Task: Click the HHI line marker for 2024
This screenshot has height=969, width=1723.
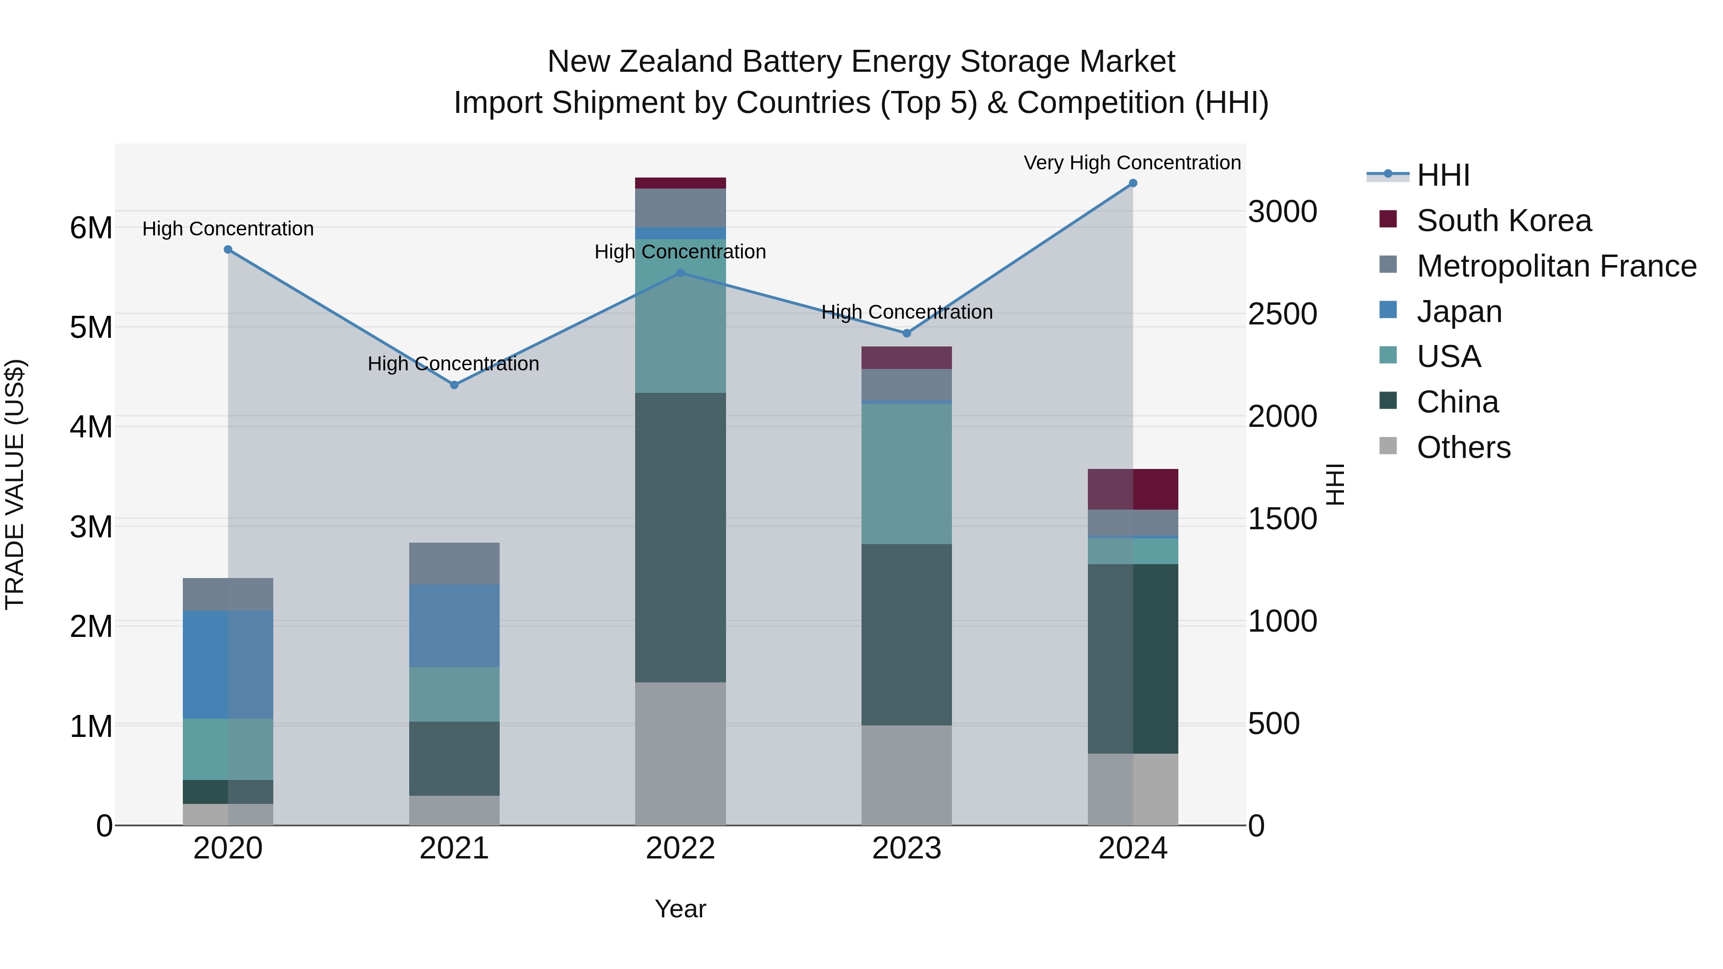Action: (1132, 183)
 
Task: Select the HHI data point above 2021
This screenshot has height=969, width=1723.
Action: (454, 385)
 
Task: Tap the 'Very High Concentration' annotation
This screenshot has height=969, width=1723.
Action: (1132, 163)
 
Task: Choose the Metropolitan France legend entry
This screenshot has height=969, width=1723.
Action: (1556, 266)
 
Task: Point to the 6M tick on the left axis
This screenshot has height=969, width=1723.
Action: (91, 228)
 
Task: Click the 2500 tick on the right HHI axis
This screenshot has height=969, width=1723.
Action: (1282, 314)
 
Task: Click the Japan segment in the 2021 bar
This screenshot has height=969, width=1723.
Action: (454, 625)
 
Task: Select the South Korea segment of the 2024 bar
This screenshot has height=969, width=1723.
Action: (1132, 489)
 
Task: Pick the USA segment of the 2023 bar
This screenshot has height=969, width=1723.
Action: (906, 473)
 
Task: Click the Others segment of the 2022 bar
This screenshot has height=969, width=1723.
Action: (680, 754)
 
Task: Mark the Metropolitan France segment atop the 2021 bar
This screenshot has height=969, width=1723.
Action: (454, 563)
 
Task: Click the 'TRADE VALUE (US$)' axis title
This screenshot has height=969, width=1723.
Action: (15, 484)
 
